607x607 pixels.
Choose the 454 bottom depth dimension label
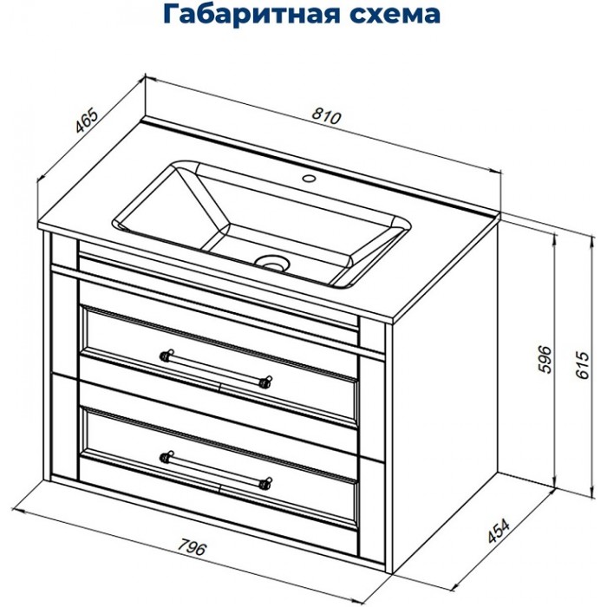coord(498,529)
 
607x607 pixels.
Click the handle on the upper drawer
coord(217,366)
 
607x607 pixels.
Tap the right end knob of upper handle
coord(269,380)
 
